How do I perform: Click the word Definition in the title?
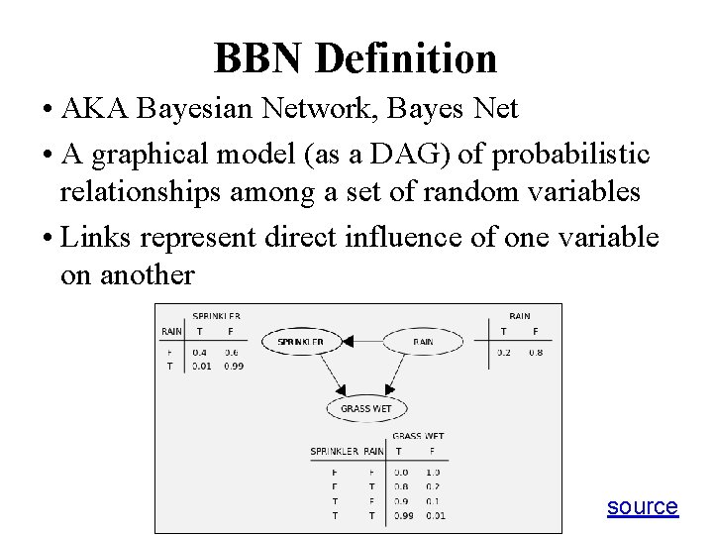pyautogui.click(x=406, y=58)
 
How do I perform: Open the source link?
pyautogui.click(x=642, y=507)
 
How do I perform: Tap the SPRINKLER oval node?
pyautogui.click(x=300, y=342)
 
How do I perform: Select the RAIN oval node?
pyautogui.click(x=423, y=342)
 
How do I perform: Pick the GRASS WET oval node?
pyautogui.click(x=365, y=408)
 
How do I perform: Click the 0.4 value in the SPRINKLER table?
pyautogui.click(x=200, y=352)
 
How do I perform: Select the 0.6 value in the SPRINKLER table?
pyautogui.click(x=232, y=352)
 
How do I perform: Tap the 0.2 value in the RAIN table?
pyautogui.click(x=504, y=352)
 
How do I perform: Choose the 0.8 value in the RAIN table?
pyautogui.click(x=536, y=352)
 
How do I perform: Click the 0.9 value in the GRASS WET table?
pyautogui.click(x=400, y=501)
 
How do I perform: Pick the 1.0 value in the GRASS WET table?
pyautogui.click(x=433, y=473)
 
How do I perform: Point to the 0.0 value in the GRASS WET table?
pyautogui.click(x=400, y=473)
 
